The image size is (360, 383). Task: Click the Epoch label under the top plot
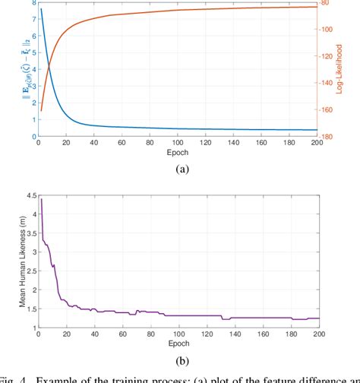(x=178, y=151)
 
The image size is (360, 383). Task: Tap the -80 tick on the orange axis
(x=329, y=3)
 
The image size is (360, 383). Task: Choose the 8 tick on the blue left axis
(x=32, y=3)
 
